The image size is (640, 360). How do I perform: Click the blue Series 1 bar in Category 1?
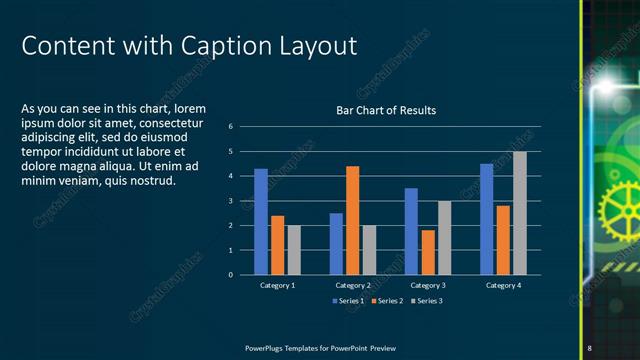[x=261, y=221]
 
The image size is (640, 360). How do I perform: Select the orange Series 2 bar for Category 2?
[x=352, y=220]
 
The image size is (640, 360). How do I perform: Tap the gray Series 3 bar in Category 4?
[x=520, y=213]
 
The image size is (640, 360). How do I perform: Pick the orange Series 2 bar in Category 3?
[x=428, y=252]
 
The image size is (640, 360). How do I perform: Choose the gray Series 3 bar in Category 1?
[x=294, y=250]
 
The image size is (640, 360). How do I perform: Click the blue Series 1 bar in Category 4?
[x=486, y=219]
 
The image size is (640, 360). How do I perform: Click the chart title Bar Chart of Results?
[x=385, y=110]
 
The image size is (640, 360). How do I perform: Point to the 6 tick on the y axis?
[x=231, y=127]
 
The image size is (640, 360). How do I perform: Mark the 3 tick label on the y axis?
[x=231, y=201]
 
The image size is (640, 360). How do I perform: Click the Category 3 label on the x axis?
[x=428, y=286]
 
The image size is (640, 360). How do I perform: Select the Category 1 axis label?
[x=278, y=286]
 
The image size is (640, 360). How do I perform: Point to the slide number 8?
[x=590, y=347]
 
